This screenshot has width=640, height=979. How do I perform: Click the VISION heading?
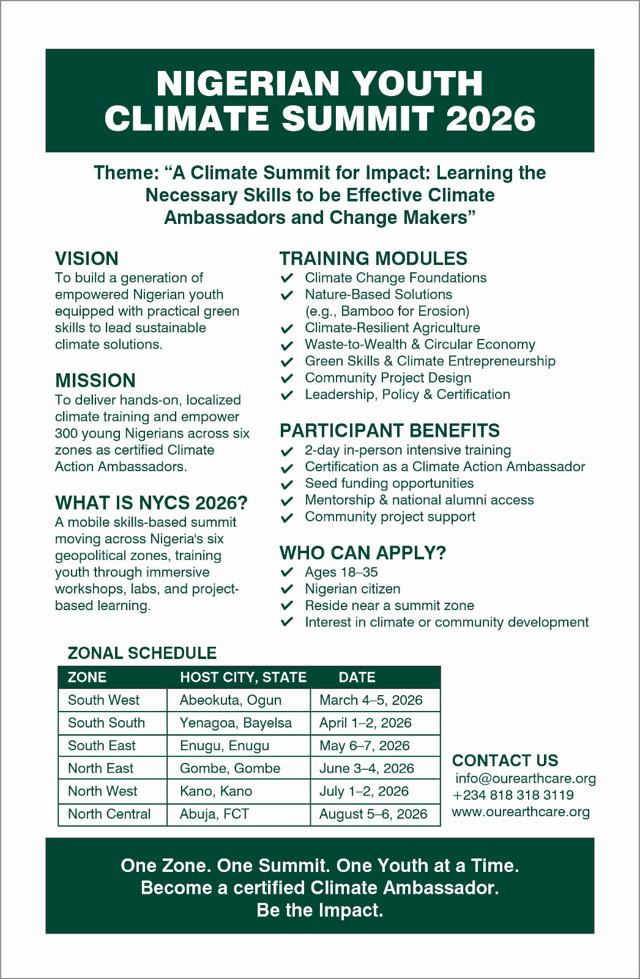[x=86, y=258]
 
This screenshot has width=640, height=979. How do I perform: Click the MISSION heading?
[x=95, y=381]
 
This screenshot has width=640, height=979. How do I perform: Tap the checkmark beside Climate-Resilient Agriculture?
[x=287, y=329]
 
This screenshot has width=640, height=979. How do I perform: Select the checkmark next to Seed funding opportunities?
[x=287, y=484]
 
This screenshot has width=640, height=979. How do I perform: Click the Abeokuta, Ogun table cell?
[x=230, y=700]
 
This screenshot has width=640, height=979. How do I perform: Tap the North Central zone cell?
[x=109, y=814]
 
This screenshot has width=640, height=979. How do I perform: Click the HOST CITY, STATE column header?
[x=243, y=677]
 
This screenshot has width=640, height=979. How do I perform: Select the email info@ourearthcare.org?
[x=525, y=778]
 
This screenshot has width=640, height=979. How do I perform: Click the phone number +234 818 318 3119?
[x=513, y=795]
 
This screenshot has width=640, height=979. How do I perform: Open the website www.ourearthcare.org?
[x=521, y=812]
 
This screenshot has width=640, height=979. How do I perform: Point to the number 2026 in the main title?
[x=490, y=119]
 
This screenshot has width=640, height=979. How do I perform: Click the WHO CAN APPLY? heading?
[x=362, y=553]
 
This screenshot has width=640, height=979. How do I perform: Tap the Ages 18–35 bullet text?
[x=341, y=572]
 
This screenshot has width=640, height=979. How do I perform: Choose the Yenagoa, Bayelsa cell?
[x=236, y=723]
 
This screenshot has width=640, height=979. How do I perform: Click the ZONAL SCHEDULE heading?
[x=142, y=653]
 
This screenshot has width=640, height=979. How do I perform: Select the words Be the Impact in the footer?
[x=319, y=910]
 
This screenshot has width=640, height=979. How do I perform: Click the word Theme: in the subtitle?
[x=126, y=173]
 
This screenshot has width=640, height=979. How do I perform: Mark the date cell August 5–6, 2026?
[x=373, y=814]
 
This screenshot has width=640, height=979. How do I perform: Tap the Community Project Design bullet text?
[x=388, y=378]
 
